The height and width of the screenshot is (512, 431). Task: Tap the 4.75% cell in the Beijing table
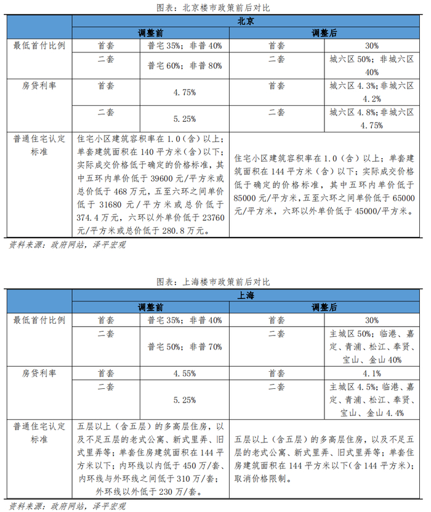[x=184, y=92]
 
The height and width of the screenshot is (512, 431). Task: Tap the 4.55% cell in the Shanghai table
[x=184, y=373]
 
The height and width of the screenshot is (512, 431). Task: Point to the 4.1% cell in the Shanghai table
[x=371, y=373]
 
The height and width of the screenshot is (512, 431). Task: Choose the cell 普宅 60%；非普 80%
[x=184, y=65]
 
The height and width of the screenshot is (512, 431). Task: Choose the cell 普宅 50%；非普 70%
[x=184, y=346]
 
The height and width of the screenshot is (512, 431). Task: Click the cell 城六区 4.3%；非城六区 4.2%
[x=371, y=92]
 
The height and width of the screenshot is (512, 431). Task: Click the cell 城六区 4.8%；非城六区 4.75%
[x=371, y=118]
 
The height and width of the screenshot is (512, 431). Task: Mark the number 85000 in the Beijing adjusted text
[x=250, y=198]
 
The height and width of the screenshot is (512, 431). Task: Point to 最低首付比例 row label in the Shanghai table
[x=39, y=320]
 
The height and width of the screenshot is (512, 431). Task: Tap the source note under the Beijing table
[x=67, y=245]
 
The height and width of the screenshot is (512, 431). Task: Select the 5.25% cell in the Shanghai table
[x=184, y=399]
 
